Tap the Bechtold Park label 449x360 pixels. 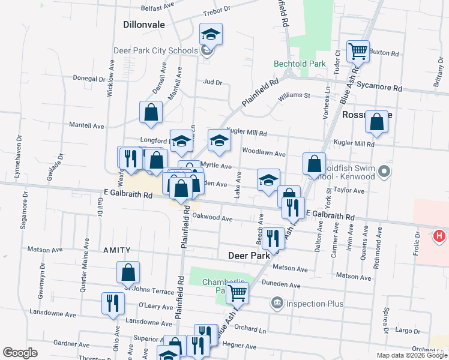(300, 64)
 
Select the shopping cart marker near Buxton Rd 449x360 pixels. (358, 51)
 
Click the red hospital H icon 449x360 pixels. (439, 236)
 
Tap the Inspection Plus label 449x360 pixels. (314, 304)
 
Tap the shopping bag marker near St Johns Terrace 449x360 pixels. (128, 272)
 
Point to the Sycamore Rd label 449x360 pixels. (379, 87)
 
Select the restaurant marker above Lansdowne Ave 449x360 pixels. (113, 303)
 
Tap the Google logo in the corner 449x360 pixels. (20, 353)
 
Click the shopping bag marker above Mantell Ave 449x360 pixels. (151, 111)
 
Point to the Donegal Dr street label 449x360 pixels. (89, 79)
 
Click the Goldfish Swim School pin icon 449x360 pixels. (385, 173)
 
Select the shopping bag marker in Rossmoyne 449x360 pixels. (377, 122)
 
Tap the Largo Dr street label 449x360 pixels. (408, 331)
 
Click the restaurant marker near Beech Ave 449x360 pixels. (274, 238)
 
